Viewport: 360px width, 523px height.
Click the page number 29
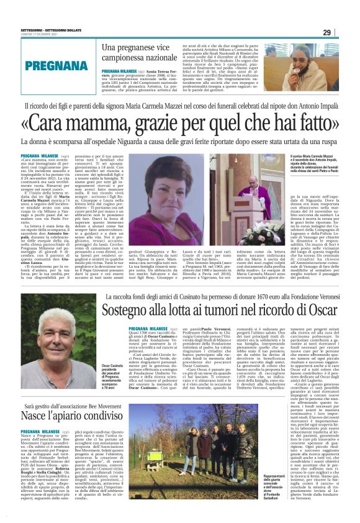(x=344, y=33)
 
